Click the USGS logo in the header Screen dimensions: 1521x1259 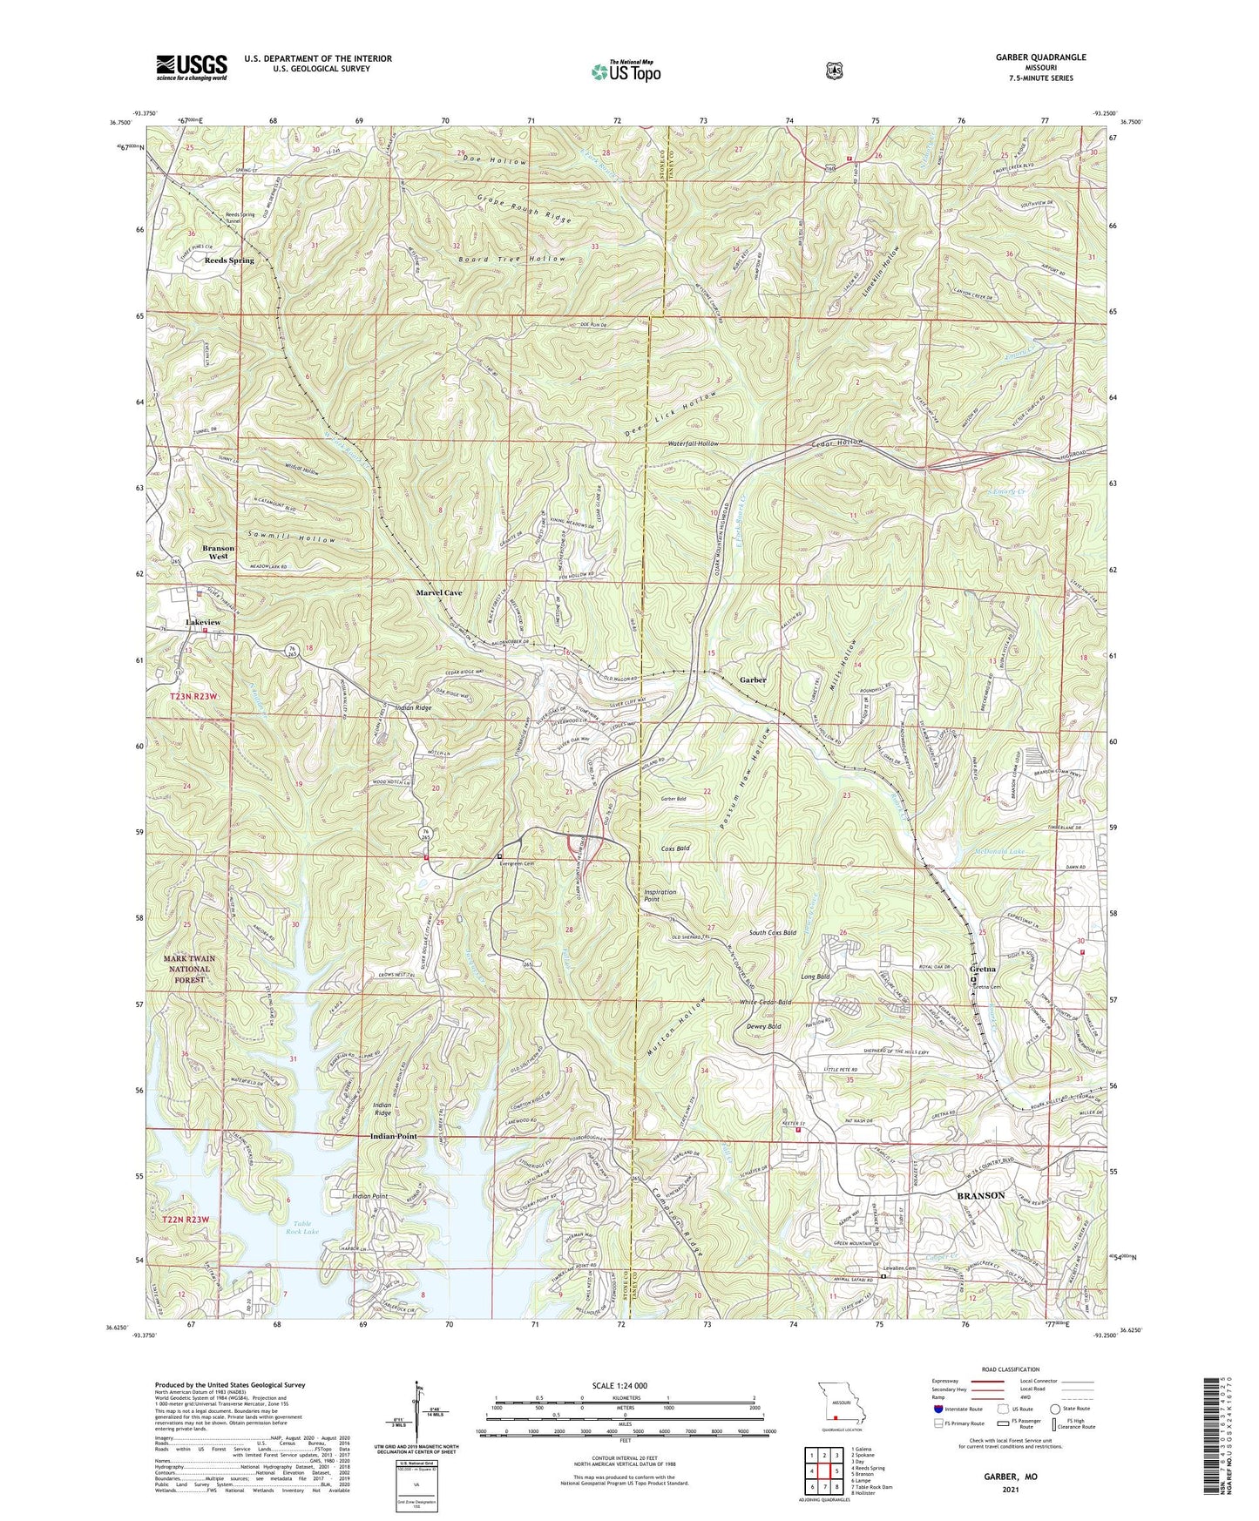(x=191, y=67)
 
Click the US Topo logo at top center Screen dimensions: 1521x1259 (x=625, y=71)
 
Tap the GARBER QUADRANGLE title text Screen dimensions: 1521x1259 (x=1036, y=57)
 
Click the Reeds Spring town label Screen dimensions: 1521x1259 (x=229, y=260)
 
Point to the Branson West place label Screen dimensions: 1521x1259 (x=219, y=552)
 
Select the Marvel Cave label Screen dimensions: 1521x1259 (x=439, y=592)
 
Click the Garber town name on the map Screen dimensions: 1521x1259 (x=754, y=679)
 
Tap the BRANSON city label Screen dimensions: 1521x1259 (x=981, y=1195)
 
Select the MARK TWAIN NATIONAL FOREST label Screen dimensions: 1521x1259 (x=189, y=969)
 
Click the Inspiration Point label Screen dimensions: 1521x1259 (x=660, y=896)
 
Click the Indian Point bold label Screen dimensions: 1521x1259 (x=394, y=1137)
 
